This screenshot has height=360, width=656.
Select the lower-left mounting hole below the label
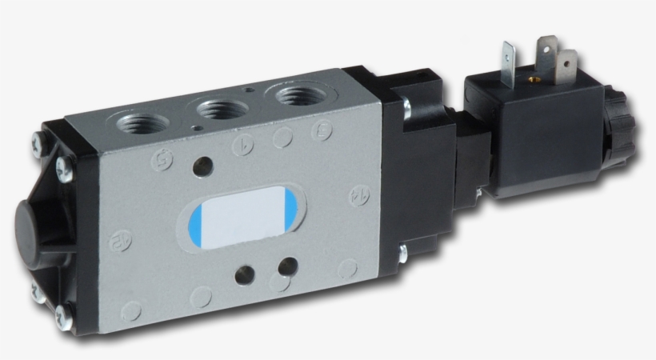pyautogui.click(x=241, y=274)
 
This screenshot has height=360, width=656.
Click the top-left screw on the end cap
pyautogui.click(x=38, y=145)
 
